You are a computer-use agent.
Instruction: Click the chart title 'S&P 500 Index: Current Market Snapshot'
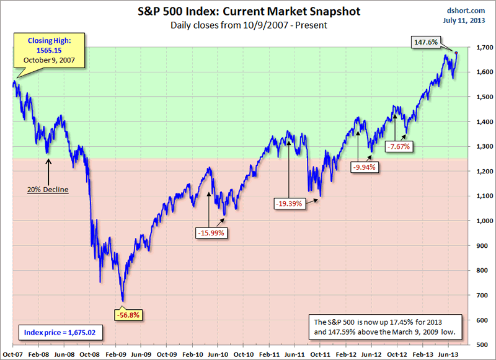[x=247, y=12]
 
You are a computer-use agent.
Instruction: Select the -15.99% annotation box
[x=211, y=233]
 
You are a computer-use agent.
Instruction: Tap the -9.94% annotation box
[x=363, y=167]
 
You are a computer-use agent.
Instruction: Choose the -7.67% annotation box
[x=399, y=146]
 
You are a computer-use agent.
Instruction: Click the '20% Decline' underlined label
[x=47, y=190]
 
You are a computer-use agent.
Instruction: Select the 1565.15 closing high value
[x=48, y=50]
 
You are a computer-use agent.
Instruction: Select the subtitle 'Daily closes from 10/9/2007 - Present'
[x=247, y=25]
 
